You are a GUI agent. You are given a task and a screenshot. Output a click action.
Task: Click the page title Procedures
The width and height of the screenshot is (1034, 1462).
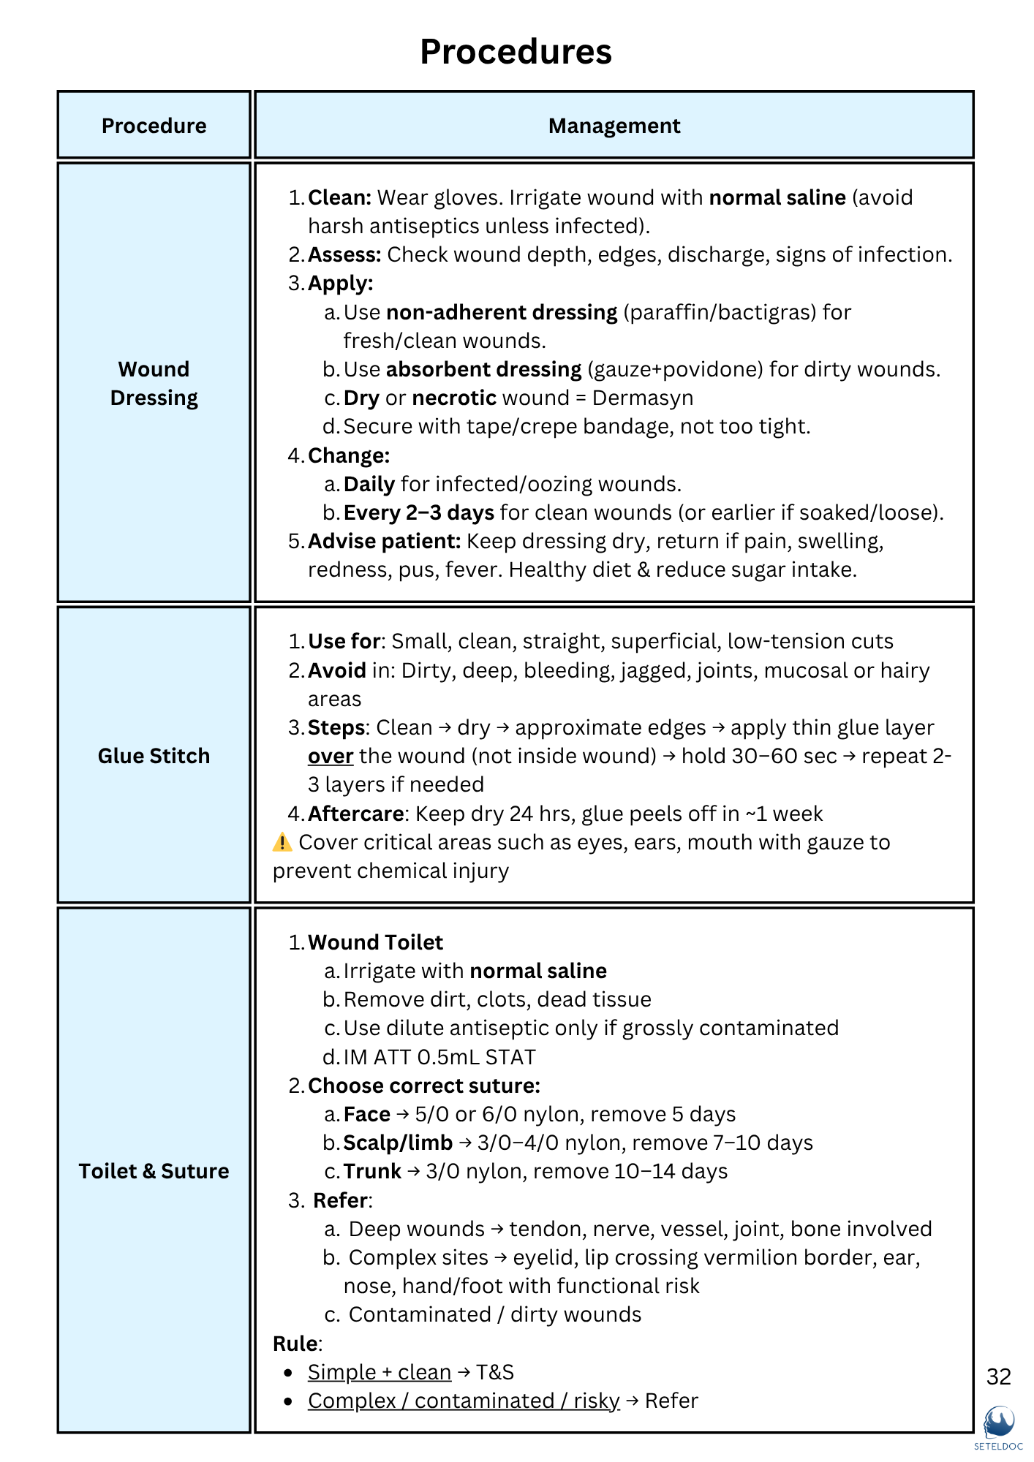click(516, 52)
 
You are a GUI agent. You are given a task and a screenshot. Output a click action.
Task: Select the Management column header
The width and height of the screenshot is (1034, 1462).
click(614, 126)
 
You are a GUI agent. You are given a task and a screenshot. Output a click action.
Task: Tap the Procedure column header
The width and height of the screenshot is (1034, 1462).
click(154, 126)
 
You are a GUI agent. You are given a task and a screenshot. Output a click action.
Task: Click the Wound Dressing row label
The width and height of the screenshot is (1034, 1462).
click(154, 383)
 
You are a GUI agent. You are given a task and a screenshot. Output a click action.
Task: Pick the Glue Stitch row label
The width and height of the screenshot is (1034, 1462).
click(154, 756)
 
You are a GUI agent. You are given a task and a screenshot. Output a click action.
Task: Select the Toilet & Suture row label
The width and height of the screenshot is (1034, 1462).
click(154, 1171)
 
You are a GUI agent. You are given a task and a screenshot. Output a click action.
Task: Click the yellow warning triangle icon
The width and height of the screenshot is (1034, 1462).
click(282, 842)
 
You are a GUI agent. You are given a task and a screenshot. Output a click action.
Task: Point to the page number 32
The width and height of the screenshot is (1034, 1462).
click(998, 1377)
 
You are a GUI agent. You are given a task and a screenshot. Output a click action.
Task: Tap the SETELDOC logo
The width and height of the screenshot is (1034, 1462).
click(998, 1425)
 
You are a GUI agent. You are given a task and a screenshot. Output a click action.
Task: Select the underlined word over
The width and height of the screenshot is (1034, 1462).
click(331, 756)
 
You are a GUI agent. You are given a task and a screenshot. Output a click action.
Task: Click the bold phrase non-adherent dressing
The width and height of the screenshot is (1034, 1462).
click(502, 312)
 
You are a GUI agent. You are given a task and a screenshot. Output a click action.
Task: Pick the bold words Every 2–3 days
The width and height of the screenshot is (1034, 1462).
click(418, 512)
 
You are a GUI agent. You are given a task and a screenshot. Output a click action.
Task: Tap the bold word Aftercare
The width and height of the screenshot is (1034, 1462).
click(356, 814)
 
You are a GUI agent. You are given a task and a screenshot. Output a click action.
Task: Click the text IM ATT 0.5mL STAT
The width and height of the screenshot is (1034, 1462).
click(439, 1057)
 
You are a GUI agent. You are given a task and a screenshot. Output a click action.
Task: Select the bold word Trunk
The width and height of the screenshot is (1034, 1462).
click(372, 1171)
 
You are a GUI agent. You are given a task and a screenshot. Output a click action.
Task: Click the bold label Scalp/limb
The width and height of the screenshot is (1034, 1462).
click(398, 1143)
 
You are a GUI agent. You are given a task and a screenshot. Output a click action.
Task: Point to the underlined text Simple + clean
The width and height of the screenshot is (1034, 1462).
click(379, 1372)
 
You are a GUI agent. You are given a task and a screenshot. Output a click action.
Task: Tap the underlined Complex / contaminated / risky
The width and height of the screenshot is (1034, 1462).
click(463, 1401)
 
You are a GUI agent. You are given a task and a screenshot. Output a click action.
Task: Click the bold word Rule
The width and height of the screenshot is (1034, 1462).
click(295, 1344)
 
